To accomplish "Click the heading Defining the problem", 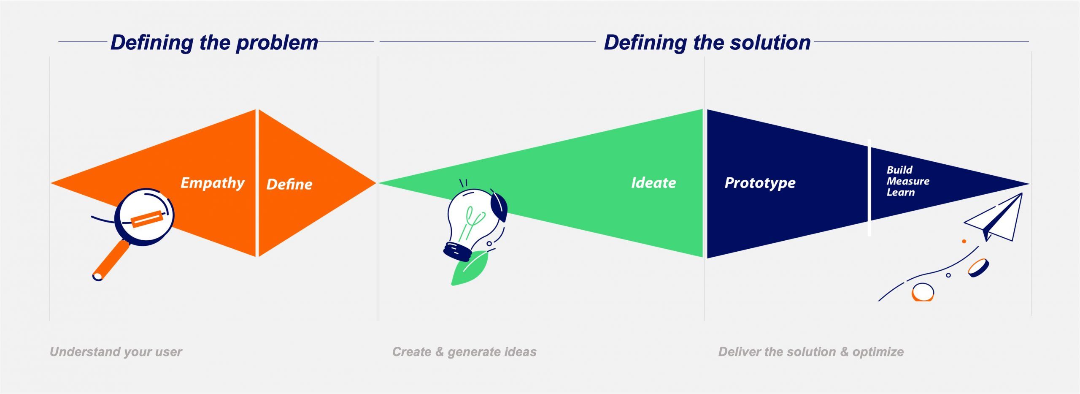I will tap(214, 43).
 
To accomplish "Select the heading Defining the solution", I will tap(707, 43).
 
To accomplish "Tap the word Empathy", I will tap(212, 182).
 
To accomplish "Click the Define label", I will tap(289, 184).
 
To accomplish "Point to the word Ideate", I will tap(653, 182).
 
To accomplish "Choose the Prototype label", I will tap(760, 182).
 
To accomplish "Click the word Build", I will tap(899, 170).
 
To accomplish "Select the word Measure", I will tap(908, 181).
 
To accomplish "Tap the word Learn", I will tap(900, 192).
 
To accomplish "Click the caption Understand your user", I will tap(116, 352).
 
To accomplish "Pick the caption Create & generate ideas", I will tap(464, 352).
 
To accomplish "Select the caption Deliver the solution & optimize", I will tap(810, 352).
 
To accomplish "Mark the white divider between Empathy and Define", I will tap(257, 183).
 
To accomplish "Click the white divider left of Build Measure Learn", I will tap(869, 187).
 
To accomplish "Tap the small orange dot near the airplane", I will tap(964, 241).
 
